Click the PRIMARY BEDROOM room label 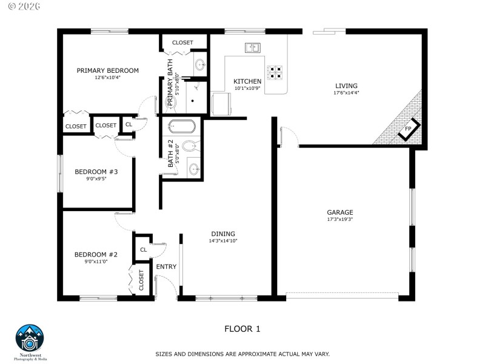pyautogui.click(x=107, y=70)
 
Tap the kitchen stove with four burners pyautogui.click(x=275, y=72)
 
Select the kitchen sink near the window pyautogui.click(x=253, y=47)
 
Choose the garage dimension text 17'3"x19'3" pyautogui.click(x=339, y=219)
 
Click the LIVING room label pyautogui.click(x=346, y=86)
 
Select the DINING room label pyautogui.click(x=222, y=234)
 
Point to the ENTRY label pyautogui.click(x=166, y=267)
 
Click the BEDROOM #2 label pyautogui.click(x=96, y=254)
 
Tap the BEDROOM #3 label pyautogui.click(x=96, y=172)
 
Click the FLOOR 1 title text pyautogui.click(x=242, y=329)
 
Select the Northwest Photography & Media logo pyautogui.click(x=30, y=341)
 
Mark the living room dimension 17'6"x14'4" pyautogui.click(x=346, y=93)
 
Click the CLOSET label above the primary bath pyautogui.click(x=182, y=42)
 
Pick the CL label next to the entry pyautogui.click(x=144, y=249)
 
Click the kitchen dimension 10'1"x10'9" pyautogui.click(x=247, y=89)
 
